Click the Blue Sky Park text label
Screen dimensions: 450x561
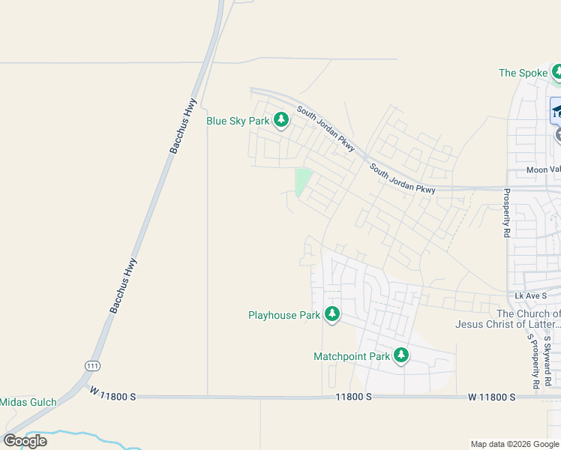238,121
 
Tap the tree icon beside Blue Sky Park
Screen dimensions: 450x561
281,119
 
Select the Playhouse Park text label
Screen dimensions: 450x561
284,315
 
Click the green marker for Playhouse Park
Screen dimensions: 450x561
332,314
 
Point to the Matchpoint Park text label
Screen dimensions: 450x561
352,356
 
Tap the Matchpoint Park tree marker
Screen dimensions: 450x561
401,355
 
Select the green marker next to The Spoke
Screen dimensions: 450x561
557,72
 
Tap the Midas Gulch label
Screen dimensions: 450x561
28,402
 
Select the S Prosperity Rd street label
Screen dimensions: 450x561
533,361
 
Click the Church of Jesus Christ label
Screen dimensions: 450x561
508,319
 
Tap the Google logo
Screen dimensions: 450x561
25,441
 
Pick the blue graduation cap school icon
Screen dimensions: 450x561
556,111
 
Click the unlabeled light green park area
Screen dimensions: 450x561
303,181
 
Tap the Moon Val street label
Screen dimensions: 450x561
543,169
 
